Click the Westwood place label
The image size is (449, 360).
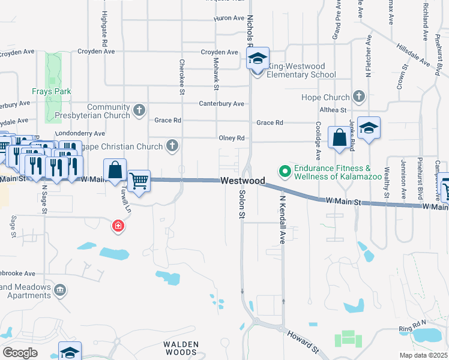point(243,180)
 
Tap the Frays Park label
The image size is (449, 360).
point(52,92)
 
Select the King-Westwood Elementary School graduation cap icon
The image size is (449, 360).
point(258,59)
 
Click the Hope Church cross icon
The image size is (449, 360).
point(359,96)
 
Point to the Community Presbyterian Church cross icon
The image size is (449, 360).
point(139,110)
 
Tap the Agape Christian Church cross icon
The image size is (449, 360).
point(172,146)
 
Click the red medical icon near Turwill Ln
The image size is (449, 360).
point(119,226)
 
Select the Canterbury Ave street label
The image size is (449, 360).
point(221,103)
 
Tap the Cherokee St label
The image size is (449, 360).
point(181,76)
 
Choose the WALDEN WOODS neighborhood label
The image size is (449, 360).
point(181,349)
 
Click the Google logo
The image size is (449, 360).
point(20,353)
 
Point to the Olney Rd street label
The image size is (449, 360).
point(232,137)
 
